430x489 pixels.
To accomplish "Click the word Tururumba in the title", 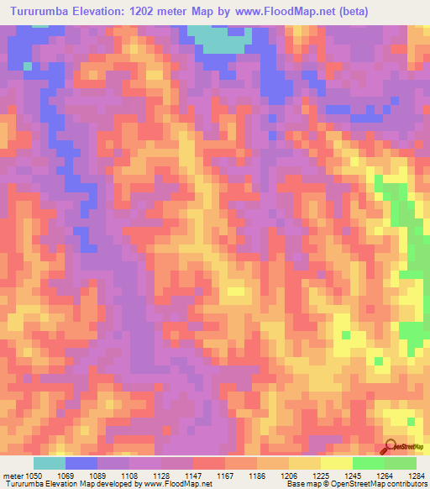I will pyautogui.click(x=41, y=12).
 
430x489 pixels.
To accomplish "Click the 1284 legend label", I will pyautogui.click(x=417, y=475).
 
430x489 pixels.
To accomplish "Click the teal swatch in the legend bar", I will pyautogui.click(x=49, y=463).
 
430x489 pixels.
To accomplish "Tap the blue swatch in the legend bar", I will pyautogui.click(x=81, y=463).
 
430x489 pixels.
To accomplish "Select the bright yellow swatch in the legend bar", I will pyautogui.click(x=336, y=463).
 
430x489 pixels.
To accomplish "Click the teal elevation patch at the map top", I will pyautogui.click(x=220, y=38).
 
